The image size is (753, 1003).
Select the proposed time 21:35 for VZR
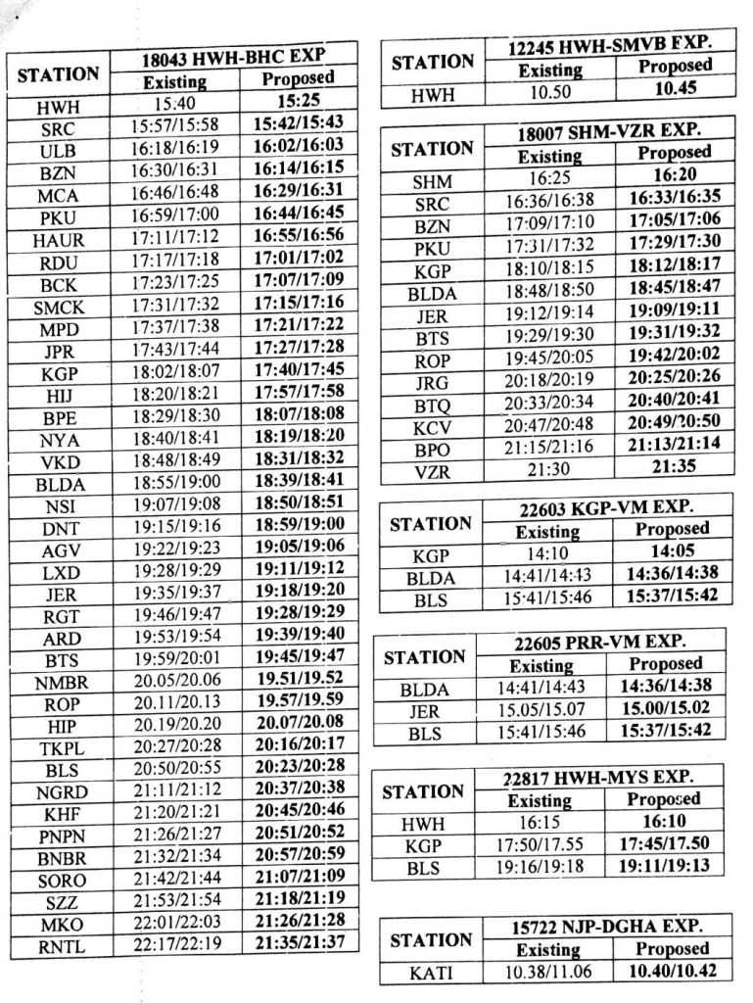[674, 467]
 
